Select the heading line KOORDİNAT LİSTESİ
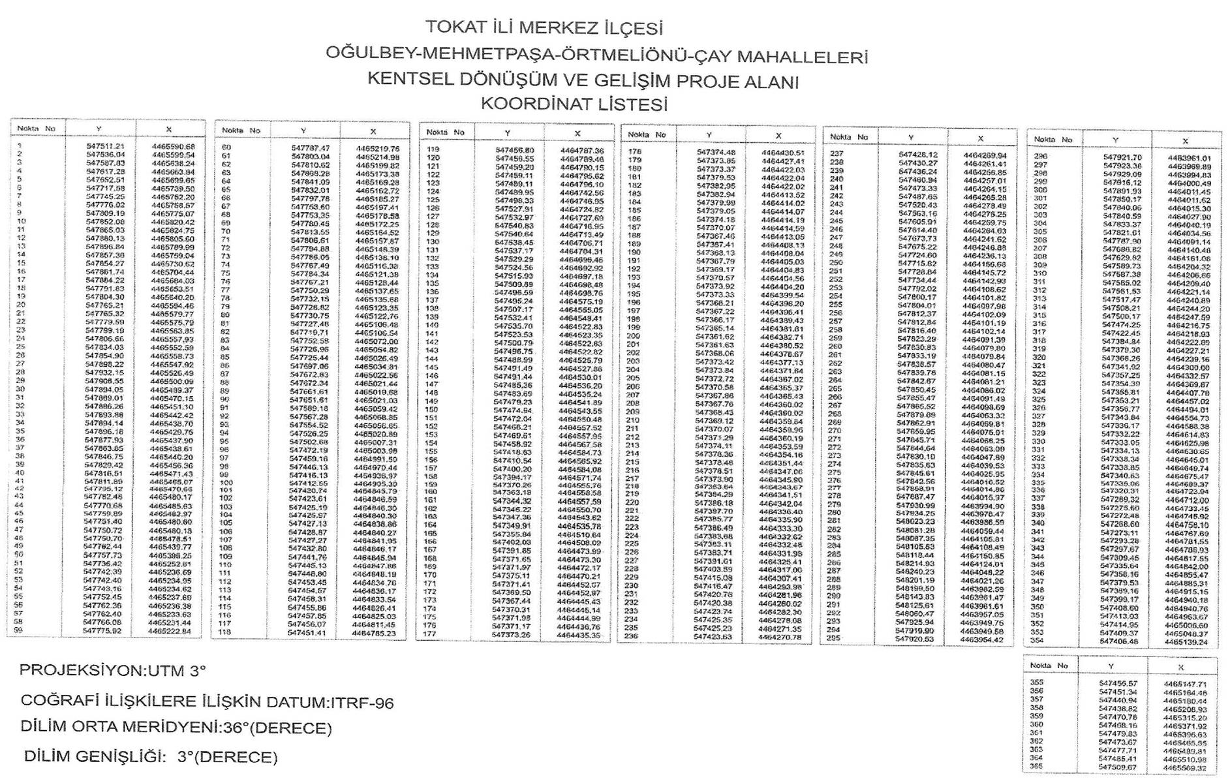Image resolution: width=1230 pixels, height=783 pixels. (574, 104)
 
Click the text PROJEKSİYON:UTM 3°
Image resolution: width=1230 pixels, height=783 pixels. (112, 670)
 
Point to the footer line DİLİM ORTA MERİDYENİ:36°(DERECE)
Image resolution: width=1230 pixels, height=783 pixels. (176, 727)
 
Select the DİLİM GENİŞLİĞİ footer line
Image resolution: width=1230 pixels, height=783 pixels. (151, 757)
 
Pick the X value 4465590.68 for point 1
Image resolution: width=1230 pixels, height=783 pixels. (173, 147)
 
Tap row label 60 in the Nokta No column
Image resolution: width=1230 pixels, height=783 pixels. (226, 147)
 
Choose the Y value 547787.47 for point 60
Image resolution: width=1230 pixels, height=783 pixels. (311, 149)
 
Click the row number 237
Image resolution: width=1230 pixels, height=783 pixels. (836, 154)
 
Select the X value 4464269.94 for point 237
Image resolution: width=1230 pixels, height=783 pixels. (985, 155)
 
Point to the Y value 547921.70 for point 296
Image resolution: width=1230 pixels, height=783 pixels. (1122, 157)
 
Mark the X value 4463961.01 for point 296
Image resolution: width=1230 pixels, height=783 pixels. (1189, 158)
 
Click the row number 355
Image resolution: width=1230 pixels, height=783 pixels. (1036, 683)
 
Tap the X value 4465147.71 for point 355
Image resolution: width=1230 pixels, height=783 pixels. (1185, 684)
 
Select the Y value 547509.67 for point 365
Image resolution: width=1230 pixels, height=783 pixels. (1118, 767)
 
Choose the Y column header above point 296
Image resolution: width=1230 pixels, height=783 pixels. (1115, 140)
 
